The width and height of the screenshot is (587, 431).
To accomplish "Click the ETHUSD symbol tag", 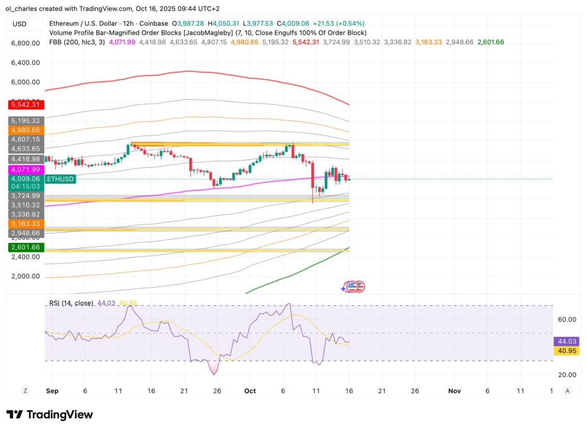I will point(60,179).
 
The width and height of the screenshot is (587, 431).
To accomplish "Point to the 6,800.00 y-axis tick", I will point(25,43).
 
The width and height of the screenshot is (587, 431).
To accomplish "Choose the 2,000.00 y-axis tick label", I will point(25,276).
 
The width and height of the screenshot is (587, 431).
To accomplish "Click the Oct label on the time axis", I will point(249,391).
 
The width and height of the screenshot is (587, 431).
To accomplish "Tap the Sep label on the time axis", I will point(52,391).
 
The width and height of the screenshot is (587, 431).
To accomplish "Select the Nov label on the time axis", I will point(454,391).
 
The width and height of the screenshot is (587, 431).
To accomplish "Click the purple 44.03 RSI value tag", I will point(566,341).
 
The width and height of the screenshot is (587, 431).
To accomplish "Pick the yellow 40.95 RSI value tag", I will point(566,351).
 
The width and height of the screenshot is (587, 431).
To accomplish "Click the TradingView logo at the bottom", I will point(49,414).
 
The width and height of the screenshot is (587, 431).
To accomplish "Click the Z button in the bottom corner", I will point(25,391).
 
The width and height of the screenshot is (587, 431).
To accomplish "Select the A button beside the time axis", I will point(568,391).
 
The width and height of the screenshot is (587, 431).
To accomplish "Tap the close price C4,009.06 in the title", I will point(298,24).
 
